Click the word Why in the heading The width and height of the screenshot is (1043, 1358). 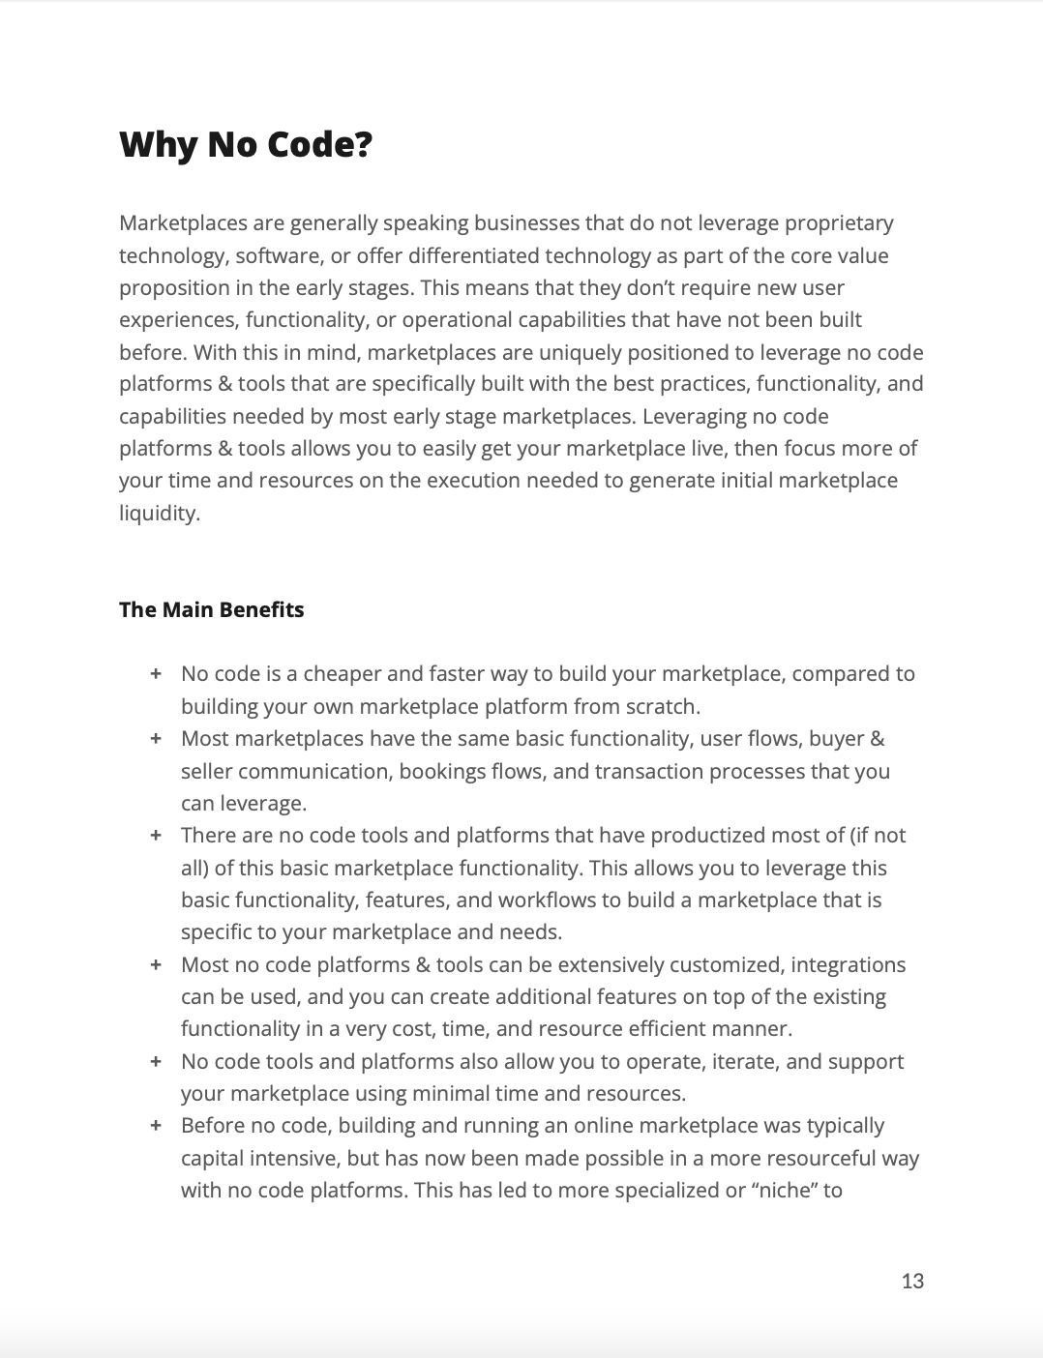157,145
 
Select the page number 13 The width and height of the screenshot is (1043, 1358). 912,1281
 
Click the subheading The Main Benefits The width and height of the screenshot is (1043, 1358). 211,609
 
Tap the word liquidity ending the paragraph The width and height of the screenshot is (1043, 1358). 158,513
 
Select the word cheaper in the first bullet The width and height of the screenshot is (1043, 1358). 339,674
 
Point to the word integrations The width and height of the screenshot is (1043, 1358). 849,964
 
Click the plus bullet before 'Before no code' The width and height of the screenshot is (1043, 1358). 155,1126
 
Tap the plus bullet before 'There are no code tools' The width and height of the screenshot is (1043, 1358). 155,836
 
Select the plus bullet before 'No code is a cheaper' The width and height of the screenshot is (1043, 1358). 155,674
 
